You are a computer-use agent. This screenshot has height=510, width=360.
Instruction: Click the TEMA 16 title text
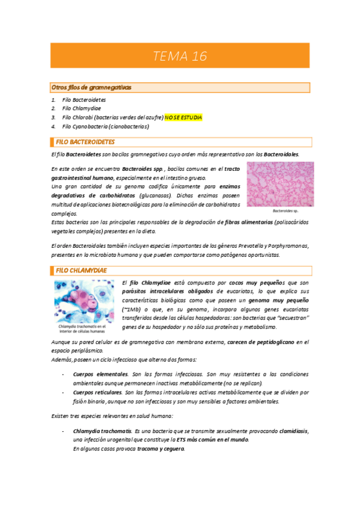point(180,57)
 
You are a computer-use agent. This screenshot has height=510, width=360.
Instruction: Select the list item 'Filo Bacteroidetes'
point(84,99)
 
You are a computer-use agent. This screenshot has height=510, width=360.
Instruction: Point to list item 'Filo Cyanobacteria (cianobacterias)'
point(105,127)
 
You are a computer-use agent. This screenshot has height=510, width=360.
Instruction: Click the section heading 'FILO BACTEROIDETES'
point(85,143)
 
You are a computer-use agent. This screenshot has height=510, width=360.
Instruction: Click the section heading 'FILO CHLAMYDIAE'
point(81,271)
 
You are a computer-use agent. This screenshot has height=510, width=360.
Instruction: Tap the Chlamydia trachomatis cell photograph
point(84,300)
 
